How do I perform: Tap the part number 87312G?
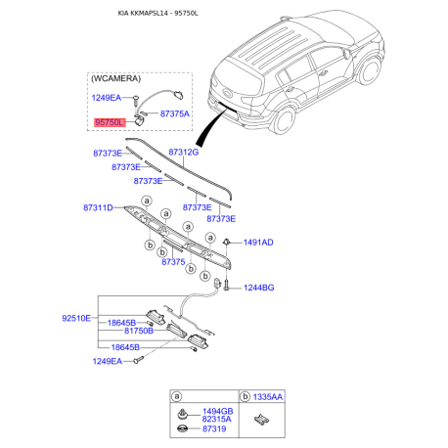click(183, 153)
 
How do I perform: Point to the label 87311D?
click(98, 207)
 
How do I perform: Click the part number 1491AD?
click(258, 242)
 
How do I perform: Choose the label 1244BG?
click(258, 288)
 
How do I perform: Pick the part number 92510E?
click(75, 318)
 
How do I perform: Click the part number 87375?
click(173, 262)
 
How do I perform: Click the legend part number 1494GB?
click(217, 412)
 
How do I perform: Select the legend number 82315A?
click(217, 420)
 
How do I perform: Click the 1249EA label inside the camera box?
click(107, 98)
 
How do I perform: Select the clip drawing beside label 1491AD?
click(227, 241)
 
